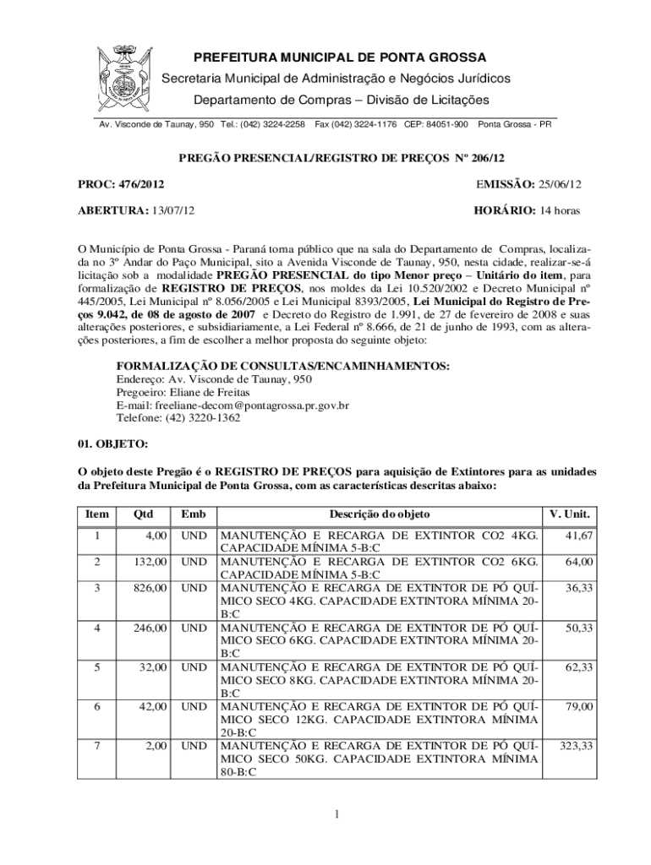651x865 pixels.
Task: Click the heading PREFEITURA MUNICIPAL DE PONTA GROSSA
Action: (x=341, y=57)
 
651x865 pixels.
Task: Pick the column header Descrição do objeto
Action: (x=380, y=514)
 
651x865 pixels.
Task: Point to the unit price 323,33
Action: (x=574, y=746)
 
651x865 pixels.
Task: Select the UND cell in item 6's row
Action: (x=194, y=706)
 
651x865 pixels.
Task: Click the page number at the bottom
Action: (x=336, y=814)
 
